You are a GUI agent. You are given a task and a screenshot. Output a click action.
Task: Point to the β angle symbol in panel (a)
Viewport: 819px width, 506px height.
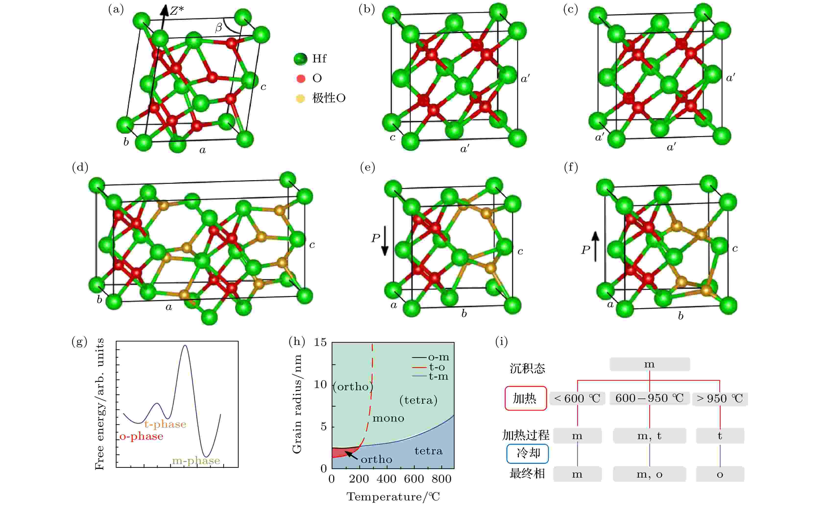click(x=219, y=27)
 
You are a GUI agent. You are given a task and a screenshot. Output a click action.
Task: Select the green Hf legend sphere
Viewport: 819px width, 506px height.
click(x=300, y=59)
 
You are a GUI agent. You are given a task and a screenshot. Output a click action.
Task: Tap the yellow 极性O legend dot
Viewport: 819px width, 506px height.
click(x=300, y=98)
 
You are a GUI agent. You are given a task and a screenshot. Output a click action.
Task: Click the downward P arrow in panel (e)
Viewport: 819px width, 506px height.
click(x=385, y=241)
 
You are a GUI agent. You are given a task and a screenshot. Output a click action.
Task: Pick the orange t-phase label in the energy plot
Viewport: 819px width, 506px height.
click(x=165, y=424)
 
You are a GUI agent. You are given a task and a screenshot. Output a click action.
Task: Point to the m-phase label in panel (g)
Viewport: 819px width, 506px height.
click(x=196, y=461)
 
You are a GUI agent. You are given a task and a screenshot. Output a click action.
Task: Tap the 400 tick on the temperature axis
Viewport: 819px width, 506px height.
click(x=386, y=479)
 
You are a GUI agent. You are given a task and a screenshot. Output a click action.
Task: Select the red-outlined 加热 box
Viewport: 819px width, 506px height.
click(x=526, y=398)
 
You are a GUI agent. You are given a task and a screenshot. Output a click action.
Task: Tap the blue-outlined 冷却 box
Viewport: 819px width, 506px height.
click(x=527, y=453)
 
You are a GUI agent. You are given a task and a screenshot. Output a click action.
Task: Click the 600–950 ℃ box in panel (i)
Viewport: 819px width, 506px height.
click(x=649, y=398)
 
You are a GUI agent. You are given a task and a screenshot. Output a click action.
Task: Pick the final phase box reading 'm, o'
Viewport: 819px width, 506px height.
click(x=649, y=474)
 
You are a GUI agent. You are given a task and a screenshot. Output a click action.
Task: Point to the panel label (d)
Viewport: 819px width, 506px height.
click(x=80, y=167)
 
